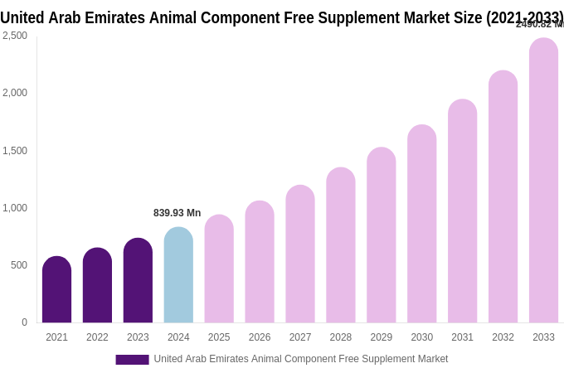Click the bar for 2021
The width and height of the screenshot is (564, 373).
point(56,289)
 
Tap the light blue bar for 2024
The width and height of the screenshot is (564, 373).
point(178,275)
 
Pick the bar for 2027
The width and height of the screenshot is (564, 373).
point(300,254)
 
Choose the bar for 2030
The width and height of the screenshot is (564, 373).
point(421,224)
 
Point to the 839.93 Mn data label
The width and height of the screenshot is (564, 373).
point(177,213)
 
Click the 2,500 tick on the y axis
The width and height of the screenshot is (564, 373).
point(14,36)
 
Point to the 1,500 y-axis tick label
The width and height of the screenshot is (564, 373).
point(14,151)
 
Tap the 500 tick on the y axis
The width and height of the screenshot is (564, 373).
point(18,265)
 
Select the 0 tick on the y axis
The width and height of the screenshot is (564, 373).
point(24,322)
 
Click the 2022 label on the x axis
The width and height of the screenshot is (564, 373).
point(97,337)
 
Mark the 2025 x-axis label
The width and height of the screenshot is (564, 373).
point(219,337)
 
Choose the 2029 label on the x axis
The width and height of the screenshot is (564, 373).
point(382,337)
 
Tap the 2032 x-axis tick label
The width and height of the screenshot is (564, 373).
point(503,337)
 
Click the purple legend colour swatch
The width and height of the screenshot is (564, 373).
point(132,360)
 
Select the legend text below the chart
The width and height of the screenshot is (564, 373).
point(300,359)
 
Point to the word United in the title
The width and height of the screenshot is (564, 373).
point(24,17)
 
